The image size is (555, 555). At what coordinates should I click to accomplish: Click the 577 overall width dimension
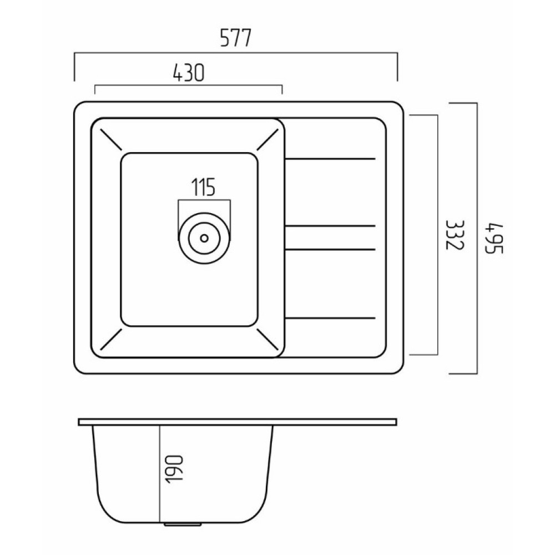pyautogui.click(x=235, y=38)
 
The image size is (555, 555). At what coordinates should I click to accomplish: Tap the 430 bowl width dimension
pyautogui.click(x=189, y=73)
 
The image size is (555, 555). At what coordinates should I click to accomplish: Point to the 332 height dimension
pyautogui.click(x=454, y=235)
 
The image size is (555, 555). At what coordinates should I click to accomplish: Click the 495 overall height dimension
pyautogui.click(x=493, y=238)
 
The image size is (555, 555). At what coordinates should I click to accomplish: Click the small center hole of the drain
pyautogui.click(x=204, y=238)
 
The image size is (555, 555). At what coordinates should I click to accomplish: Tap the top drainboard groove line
pyautogui.click(x=330, y=159)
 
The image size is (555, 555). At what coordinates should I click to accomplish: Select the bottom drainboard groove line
pyautogui.click(x=330, y=318)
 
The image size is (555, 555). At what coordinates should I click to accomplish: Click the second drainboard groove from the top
pyautogui.click(x=330, y=226)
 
